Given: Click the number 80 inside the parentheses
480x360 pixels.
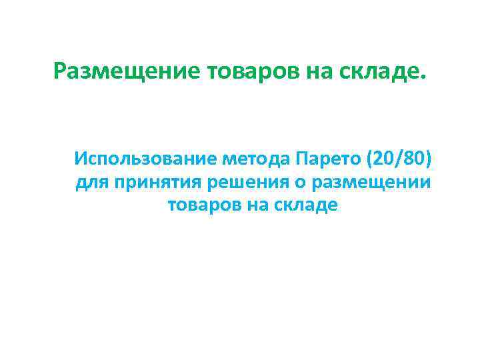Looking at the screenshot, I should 413,160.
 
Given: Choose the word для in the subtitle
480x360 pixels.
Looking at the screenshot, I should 91,183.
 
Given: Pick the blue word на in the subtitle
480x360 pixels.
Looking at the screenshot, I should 258,206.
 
